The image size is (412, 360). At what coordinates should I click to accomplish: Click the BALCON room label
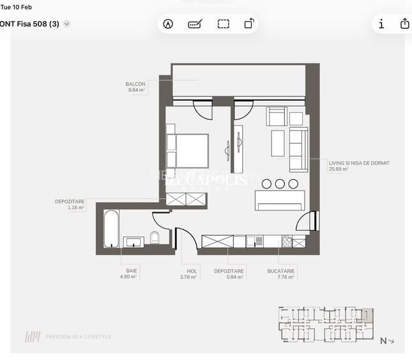point(135,84)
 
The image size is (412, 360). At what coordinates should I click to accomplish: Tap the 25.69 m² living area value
point(340,169)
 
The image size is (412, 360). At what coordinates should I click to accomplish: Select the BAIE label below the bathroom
point(132,270)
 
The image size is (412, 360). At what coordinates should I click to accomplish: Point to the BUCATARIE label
point(281,270)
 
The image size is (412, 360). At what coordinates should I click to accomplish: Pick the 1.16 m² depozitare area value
point(76,207)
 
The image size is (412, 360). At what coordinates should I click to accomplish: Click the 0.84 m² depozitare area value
point(229,277)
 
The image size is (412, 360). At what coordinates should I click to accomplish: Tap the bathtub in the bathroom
point(111,228)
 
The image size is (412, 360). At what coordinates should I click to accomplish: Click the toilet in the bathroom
point(154,239)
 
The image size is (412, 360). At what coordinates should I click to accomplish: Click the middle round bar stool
point(280,184)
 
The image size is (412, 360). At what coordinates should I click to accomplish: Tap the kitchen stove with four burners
point(287,241)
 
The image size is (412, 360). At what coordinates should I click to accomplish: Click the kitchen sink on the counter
point(256,241)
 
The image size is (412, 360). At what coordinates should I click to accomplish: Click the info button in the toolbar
point(381,24)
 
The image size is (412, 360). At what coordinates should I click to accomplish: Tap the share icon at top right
point(404,24)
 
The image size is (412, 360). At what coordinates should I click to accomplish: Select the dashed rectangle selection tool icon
point(223,24)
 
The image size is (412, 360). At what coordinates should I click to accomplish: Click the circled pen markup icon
point(168,24)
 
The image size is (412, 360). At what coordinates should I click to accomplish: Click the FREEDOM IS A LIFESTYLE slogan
point(78,336)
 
